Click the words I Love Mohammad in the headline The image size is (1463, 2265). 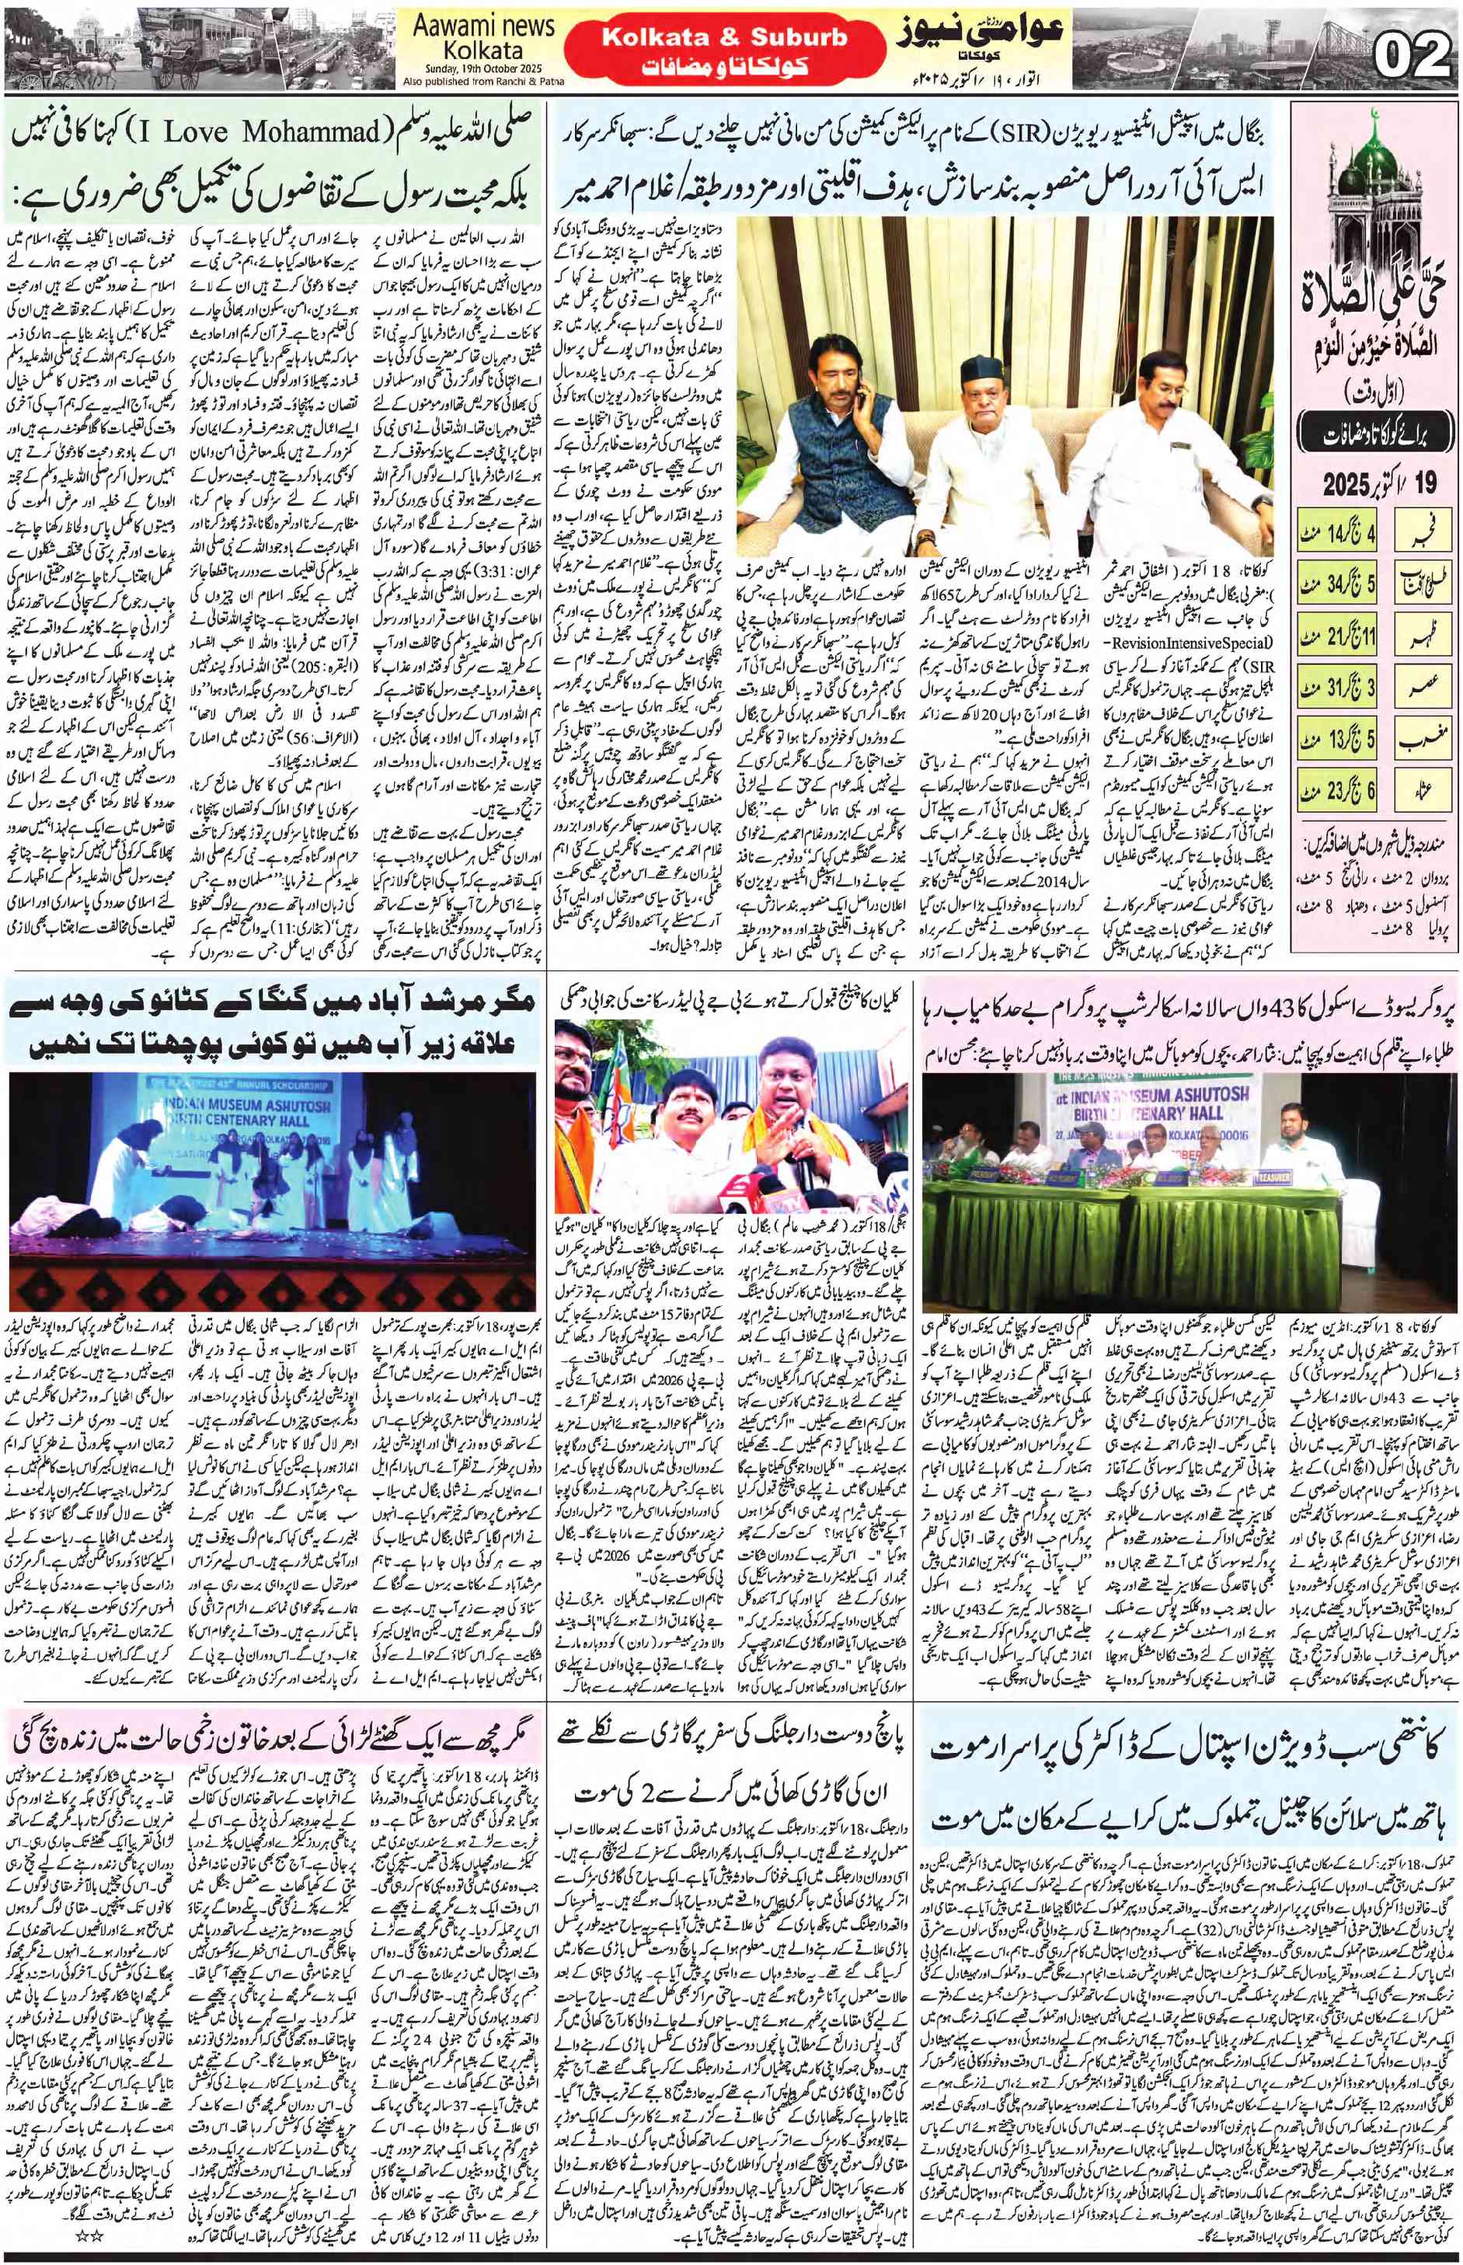[256, 132]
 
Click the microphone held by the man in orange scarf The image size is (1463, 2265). [803, 1136]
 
